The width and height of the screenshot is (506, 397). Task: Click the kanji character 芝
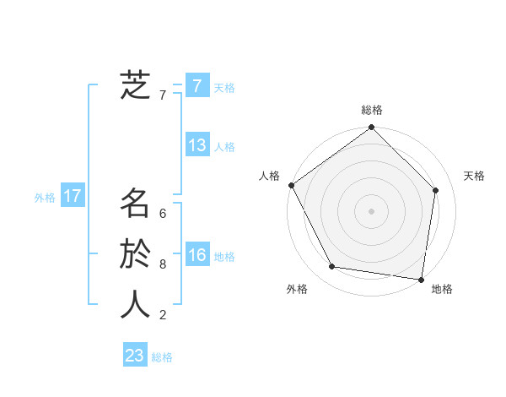pyautogui.click(x=135, y=85)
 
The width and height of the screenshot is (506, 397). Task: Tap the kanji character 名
pyautogui.click(x=135, y=204)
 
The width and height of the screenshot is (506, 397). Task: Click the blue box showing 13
pyautogui.click(x=197, y=145)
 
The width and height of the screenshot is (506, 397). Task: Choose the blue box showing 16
pyautogui.click(x=197, y=255)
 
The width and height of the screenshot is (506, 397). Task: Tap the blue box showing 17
pyautogui.click(x=73, y=197)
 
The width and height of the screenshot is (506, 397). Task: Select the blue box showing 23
pyautogui.click(x=135, y=356)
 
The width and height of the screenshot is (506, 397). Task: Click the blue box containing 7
pyautogui.click(x=197, y=85)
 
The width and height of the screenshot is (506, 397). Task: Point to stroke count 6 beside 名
pyautogui.click(x=163, y=214)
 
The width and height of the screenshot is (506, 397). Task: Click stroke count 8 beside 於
pyautogui.click(x=163, y=264)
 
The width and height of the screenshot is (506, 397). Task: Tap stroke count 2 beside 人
pyautogui.click(x=163, y=315)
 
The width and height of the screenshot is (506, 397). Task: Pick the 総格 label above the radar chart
pyautogui.click(x=372, y=110)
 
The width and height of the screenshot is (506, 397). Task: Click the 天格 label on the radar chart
pyautogui.click(x=474, y=176)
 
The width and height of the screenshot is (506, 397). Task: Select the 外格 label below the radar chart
pyautogui.click(x=297, y=289)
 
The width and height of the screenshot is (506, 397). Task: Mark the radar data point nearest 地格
pyautogui.click(x=421, y=279)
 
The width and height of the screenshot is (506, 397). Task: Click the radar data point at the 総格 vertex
pyautogui.click(x=372, y=128)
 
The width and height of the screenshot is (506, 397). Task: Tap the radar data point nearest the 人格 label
pyautogui.click(x=292, y=185)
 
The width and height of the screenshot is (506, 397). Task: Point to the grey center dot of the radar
pyautogui.click(x=372, y=210)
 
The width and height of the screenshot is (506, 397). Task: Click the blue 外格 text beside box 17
pyautogui.click(x=45, y=198)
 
